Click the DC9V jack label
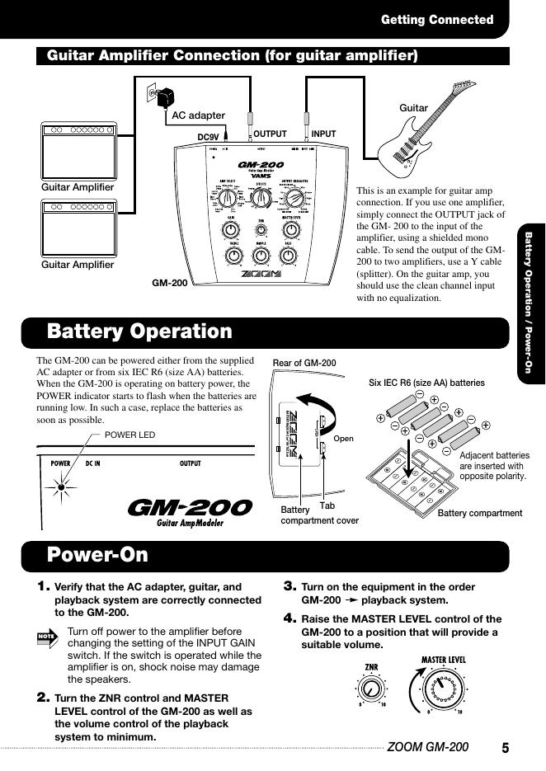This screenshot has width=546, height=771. [210, 135]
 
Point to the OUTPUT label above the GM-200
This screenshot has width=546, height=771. [270, 134]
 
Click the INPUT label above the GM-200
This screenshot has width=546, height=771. [323, 134]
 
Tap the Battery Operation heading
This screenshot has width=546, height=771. [140, 331]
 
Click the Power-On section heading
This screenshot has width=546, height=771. [97, 554]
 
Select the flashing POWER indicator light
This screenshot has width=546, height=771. [61, 487]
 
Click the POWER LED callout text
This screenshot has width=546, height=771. [130, 435]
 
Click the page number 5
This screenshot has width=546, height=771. [505, 748]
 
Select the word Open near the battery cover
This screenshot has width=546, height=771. [343, 439]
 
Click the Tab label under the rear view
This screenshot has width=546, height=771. [327, 505]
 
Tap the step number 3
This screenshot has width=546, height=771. [289, 586]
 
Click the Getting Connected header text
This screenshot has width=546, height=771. [437, 20]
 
